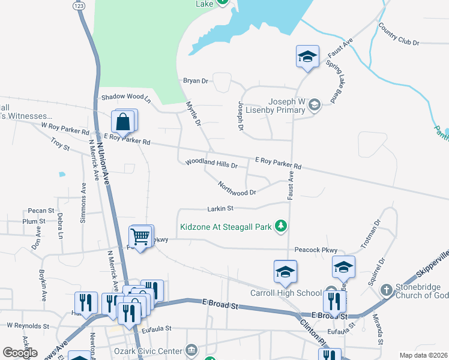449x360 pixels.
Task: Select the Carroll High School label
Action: point(286,293)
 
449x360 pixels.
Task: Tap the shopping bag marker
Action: point(123,122)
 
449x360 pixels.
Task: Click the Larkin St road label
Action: point(220,208)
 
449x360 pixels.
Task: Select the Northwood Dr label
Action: point(237,188)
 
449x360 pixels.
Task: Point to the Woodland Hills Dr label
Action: point(211,163)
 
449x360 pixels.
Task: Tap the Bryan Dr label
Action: point(195,80)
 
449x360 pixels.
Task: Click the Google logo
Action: point(20,353)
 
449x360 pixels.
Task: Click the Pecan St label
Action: point(41,211)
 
